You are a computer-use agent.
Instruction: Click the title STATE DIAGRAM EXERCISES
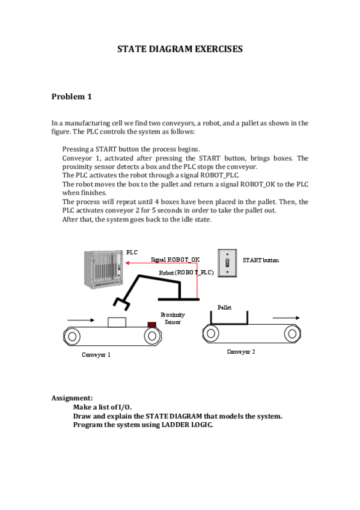(x=180, y=49)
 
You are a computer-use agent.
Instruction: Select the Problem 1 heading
(x=72, y=97)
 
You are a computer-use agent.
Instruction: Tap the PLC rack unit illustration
(x=103, y=269)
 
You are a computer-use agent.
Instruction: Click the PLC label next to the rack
(x=132, y=253)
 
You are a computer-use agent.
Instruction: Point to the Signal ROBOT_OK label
(x=175, y=260)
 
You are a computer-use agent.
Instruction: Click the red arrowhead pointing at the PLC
(x=127, y=263)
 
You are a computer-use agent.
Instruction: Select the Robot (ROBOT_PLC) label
(x=186, y=272)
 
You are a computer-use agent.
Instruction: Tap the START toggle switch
(x=227, y=263)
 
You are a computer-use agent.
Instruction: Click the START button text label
(x=261, y=260)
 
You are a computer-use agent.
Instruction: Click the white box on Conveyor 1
(x=117, y=322)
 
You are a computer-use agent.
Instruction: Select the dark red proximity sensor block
(x=151, y=325)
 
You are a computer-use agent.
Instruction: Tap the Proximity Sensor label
(x=172, y=318)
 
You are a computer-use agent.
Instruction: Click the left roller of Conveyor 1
(x=72, y=336)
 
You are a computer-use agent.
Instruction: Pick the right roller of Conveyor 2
(x=292, y=334)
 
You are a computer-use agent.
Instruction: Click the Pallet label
(x=225, y=307)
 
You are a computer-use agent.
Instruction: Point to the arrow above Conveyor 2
(x=286, y=318)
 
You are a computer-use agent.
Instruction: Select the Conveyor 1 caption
(x=96, y=354)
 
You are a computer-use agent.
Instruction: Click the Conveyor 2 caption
(x=241, y=352)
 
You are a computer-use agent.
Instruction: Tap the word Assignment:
(x=72, y=398)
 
